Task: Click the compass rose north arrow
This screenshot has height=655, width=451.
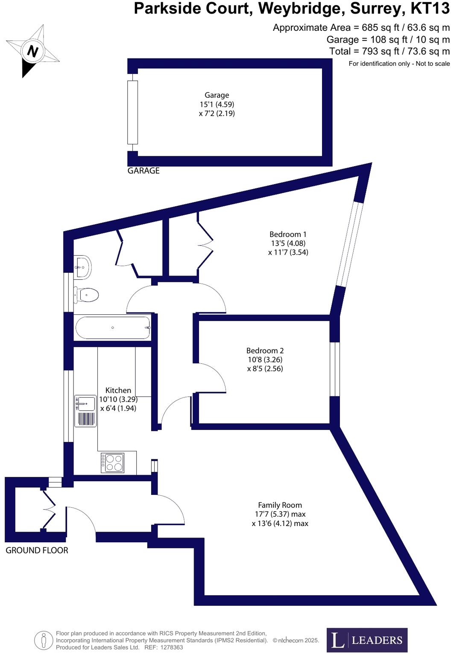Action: (32, 51)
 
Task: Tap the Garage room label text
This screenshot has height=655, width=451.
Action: (217, 95)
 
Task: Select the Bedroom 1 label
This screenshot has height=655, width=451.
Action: (288, 234)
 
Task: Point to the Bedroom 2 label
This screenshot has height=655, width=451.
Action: (265, 351)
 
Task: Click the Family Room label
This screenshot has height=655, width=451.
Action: (280, 505)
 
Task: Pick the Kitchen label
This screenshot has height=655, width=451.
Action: (118, 390)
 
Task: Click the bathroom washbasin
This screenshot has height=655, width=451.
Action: (82, 267)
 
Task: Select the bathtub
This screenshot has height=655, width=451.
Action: (113, 327)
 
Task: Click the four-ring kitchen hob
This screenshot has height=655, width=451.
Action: (112, 462)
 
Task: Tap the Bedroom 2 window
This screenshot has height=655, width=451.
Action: (335, 369)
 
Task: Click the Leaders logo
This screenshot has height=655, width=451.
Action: (367, 640)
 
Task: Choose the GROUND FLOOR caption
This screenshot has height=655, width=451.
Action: (37, 550)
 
